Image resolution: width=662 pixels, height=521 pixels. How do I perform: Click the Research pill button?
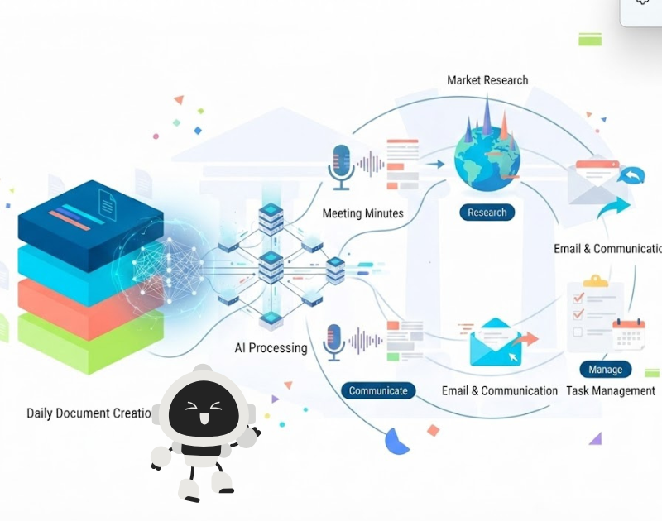pos(487,213)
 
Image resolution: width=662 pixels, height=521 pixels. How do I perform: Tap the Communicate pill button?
pos(378,390)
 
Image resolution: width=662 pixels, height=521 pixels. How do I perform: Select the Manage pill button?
pos(606,369)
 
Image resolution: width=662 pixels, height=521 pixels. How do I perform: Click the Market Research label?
pos(487,80)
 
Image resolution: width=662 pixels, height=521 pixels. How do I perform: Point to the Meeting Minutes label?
pos(362,213)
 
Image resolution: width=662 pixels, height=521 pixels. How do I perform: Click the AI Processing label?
pos(271,348)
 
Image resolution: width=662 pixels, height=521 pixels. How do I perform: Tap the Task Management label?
pos(611,391)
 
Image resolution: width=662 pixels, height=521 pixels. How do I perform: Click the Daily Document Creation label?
pos(89,413)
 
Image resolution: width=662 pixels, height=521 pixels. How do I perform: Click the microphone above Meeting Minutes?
pos(341,166)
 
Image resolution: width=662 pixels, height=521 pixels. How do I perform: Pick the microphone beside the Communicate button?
pos(334,342)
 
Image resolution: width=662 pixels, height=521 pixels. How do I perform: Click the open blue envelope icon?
pos(496,342)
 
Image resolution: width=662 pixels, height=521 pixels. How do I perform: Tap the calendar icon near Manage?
pos(629,334)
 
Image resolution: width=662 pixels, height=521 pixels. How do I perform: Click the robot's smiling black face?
pos(204,409)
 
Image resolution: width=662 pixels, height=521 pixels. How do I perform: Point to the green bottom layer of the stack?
pos(90,342)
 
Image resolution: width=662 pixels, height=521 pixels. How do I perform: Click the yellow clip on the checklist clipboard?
pos(595,281)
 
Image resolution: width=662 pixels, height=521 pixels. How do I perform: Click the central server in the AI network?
pos(271,267)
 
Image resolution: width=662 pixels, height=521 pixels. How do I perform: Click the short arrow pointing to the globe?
pos(435,164)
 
